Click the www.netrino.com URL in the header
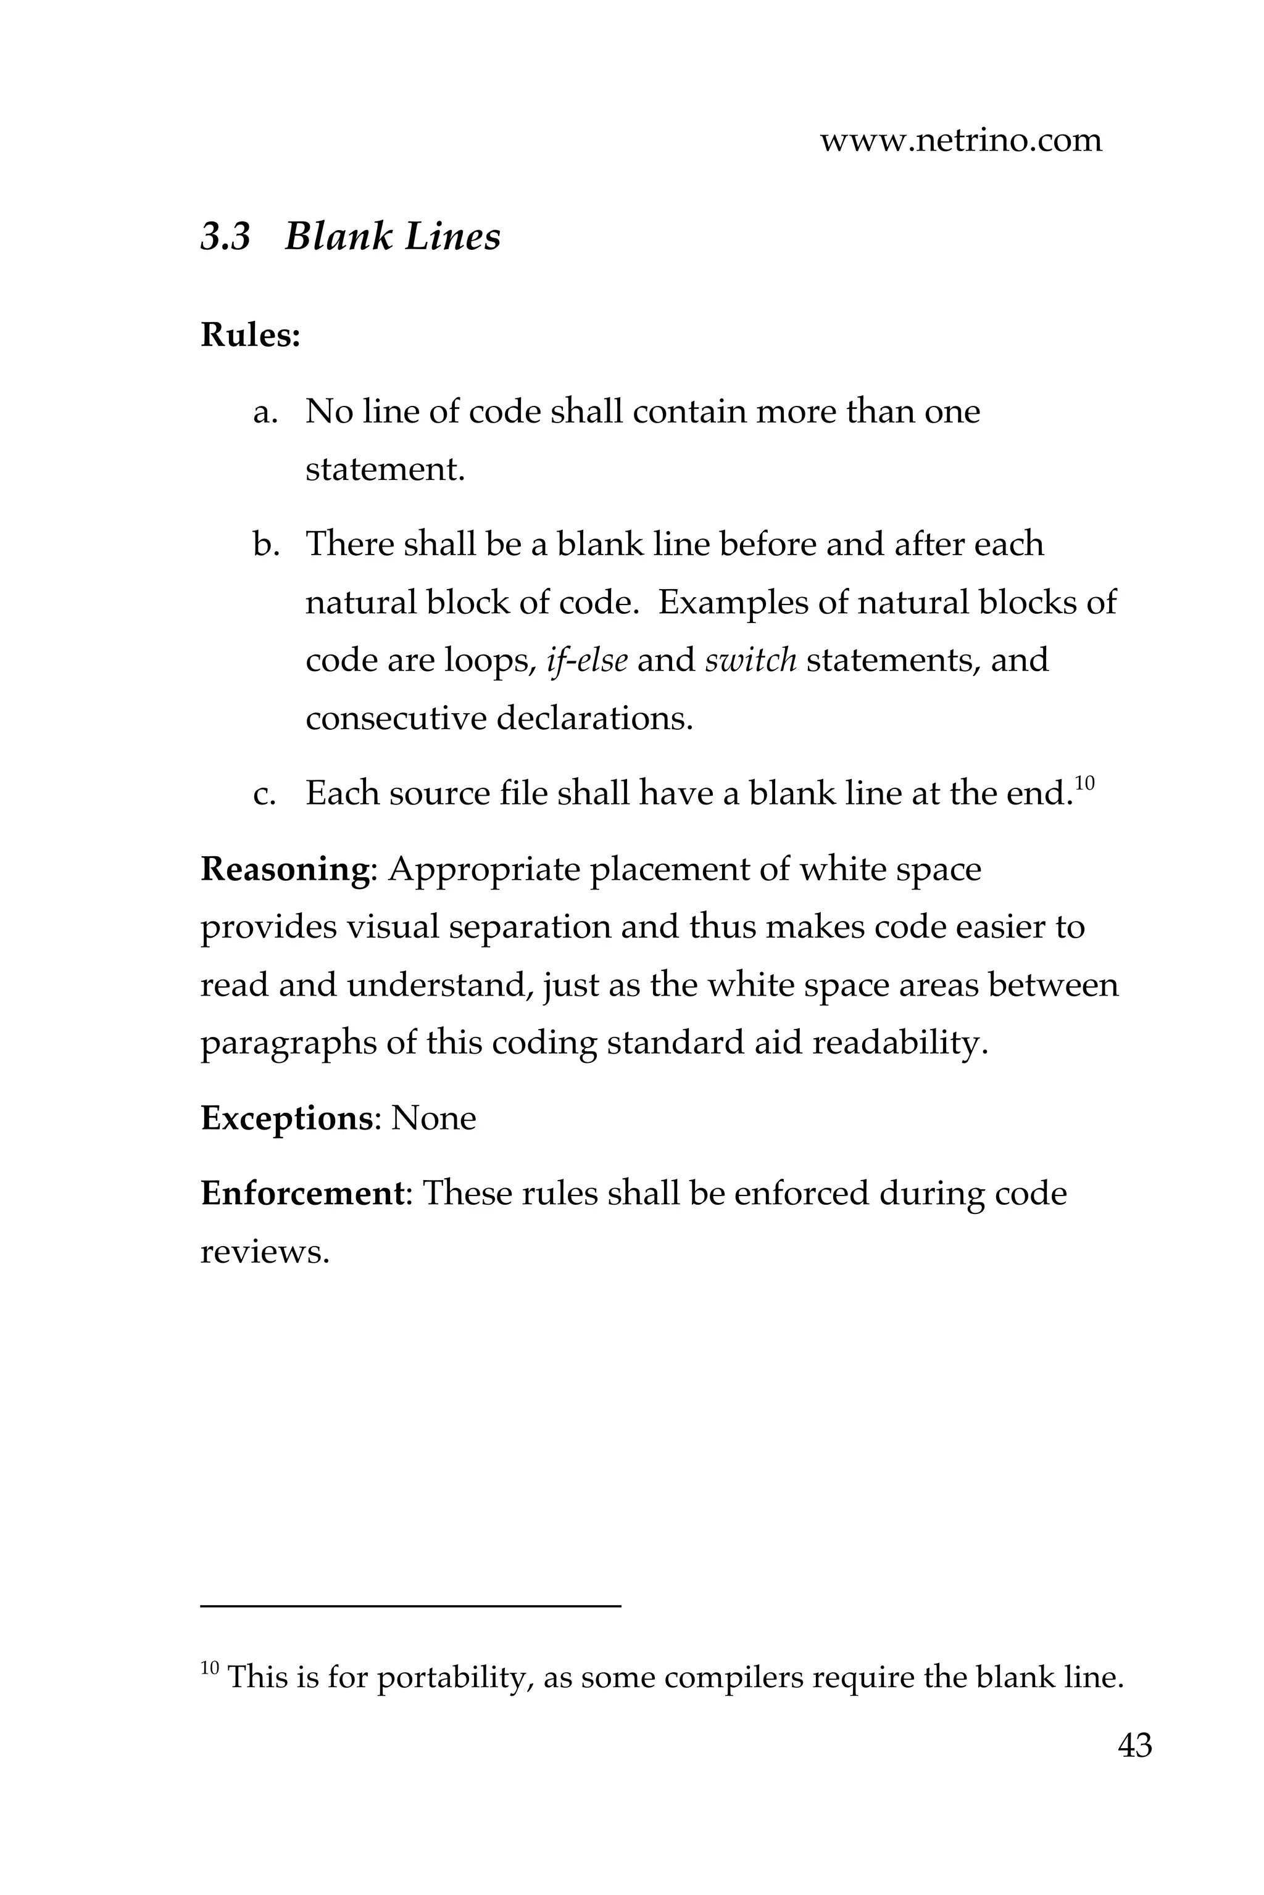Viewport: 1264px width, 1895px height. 960,140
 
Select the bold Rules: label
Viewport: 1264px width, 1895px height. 250,335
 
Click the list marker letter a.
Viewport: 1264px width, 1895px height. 265,413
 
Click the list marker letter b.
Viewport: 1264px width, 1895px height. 265,545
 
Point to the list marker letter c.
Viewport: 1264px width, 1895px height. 264,795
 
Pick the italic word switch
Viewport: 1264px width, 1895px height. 750,661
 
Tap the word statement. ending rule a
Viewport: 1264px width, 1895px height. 385,469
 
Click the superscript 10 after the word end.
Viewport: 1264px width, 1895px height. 1084,782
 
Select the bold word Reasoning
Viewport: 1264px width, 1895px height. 284,869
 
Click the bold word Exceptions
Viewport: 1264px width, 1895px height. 286,1118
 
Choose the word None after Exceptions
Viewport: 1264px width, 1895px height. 434,1118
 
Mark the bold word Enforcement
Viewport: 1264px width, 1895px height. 301,1193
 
